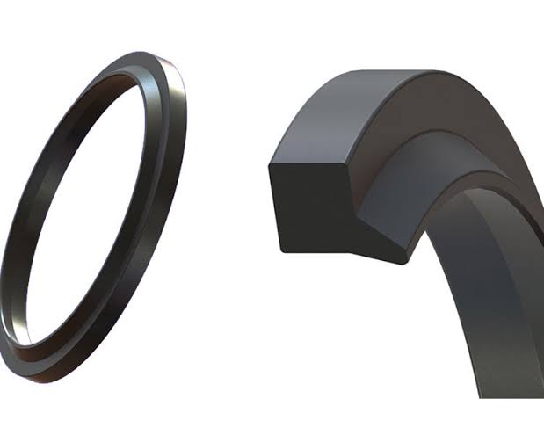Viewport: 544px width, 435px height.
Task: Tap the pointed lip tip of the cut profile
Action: tap(402, 261)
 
